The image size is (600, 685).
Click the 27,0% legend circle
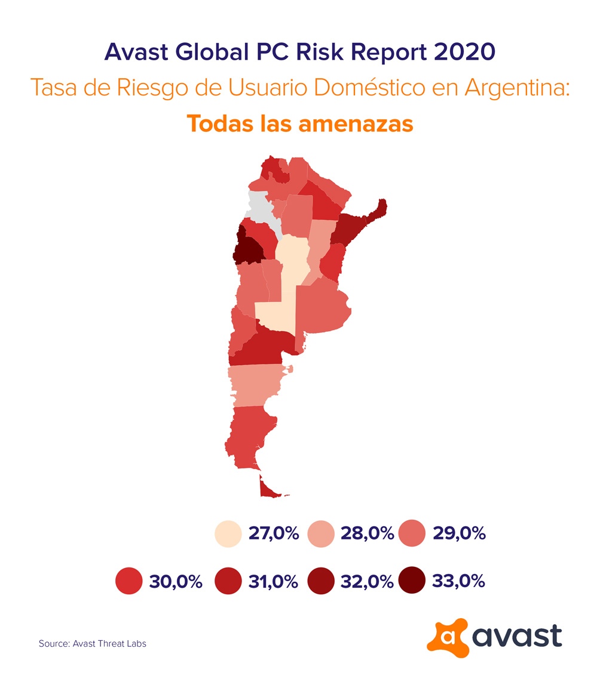pos(228,533)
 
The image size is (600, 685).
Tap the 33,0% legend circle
pos(412,580)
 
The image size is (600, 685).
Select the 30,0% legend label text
pos(176,581)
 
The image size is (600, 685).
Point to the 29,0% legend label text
pos(459,533)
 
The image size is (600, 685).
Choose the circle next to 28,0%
pos(321,533)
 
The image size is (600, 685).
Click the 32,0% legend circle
pos(321,581)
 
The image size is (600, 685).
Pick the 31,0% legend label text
pos(273,581)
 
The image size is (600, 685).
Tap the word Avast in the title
pos(136,51)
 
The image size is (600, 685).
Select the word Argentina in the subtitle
pos(517,87)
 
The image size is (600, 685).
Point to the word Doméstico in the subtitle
pos(369,87)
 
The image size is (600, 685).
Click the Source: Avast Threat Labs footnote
pos(93,643)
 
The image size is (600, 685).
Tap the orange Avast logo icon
pos(447,637)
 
